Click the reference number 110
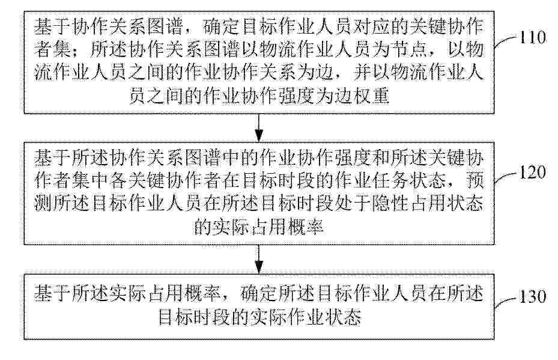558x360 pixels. [533, 37]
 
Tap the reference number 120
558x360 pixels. [533, 172]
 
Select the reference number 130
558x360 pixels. [533, 297]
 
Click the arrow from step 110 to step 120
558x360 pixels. [259, 128]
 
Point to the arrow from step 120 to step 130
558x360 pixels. [259, 259]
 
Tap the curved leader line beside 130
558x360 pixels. [506, 301]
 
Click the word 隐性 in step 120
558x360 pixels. [390, 204]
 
